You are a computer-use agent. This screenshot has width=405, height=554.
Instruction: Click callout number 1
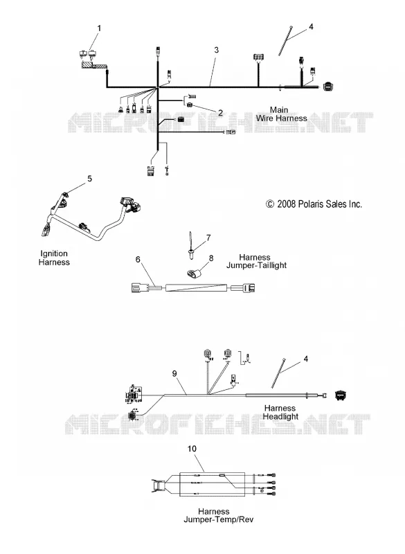pos(99,28)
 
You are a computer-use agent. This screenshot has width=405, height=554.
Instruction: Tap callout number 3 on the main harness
pos(217,50)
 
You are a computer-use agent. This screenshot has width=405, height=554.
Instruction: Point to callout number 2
pos(220,113)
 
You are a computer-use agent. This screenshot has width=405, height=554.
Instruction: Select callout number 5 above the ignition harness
pos(90,179)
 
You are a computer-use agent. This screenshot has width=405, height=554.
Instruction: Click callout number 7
pos(208,238)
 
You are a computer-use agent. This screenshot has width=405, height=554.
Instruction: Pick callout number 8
pos(211,258)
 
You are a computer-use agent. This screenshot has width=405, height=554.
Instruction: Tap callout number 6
pos(138,260)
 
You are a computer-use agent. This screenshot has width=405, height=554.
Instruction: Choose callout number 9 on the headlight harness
pos(174,374)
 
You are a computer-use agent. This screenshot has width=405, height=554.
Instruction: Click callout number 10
pos(192,449)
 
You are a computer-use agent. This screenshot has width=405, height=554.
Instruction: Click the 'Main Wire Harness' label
pos(281,114)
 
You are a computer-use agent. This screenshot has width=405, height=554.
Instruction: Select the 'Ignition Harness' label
pos(54,258)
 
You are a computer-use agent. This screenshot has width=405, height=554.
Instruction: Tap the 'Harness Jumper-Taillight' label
pos(256,262)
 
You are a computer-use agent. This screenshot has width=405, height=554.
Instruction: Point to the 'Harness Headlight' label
pos(280,412)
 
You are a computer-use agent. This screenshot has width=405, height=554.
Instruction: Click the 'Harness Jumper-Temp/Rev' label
pos(219,515)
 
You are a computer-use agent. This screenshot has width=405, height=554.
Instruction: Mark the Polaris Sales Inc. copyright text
pos(314,204)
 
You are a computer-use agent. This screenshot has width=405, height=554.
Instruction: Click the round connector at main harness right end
pos(328,87)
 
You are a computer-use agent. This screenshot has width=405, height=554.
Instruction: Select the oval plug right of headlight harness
pos(341,395)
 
